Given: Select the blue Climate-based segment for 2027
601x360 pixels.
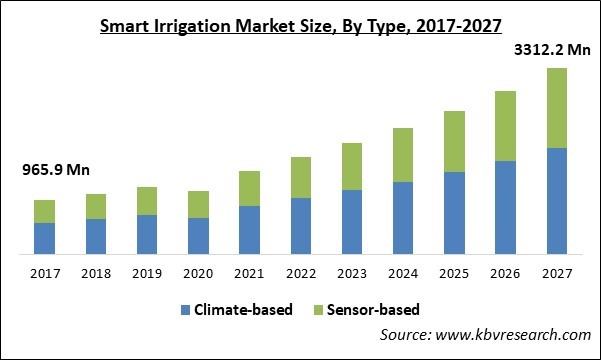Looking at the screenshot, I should tap(556, 200).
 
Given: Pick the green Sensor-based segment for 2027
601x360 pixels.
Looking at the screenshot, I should tap(556, 108).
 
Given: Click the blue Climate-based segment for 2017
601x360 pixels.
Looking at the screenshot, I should tap(44, 237).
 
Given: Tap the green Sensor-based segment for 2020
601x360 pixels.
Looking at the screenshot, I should tap(198, 204).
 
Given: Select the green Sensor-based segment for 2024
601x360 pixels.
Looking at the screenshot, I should tap(402, 155).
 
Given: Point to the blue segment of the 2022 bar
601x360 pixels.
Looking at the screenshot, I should tap(300, 225).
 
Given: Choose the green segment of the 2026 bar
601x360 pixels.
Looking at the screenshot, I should tap(505, 126).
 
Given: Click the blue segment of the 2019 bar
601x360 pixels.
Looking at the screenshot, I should tap(147, 233).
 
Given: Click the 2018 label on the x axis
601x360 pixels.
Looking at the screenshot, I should tap(96, 273).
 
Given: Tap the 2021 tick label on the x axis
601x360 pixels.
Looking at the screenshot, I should tap(249, 273).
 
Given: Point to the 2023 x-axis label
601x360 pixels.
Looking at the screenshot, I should tap(351, 273).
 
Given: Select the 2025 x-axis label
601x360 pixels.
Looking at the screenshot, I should tap(454, 273).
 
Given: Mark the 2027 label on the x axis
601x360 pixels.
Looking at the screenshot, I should tap(556, 273).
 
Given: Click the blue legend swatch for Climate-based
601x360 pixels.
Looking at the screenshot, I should tap(186, 310).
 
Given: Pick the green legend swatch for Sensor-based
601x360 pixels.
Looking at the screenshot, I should tap(319, 310).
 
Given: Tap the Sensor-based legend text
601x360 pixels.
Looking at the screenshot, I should tap(376, 310).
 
